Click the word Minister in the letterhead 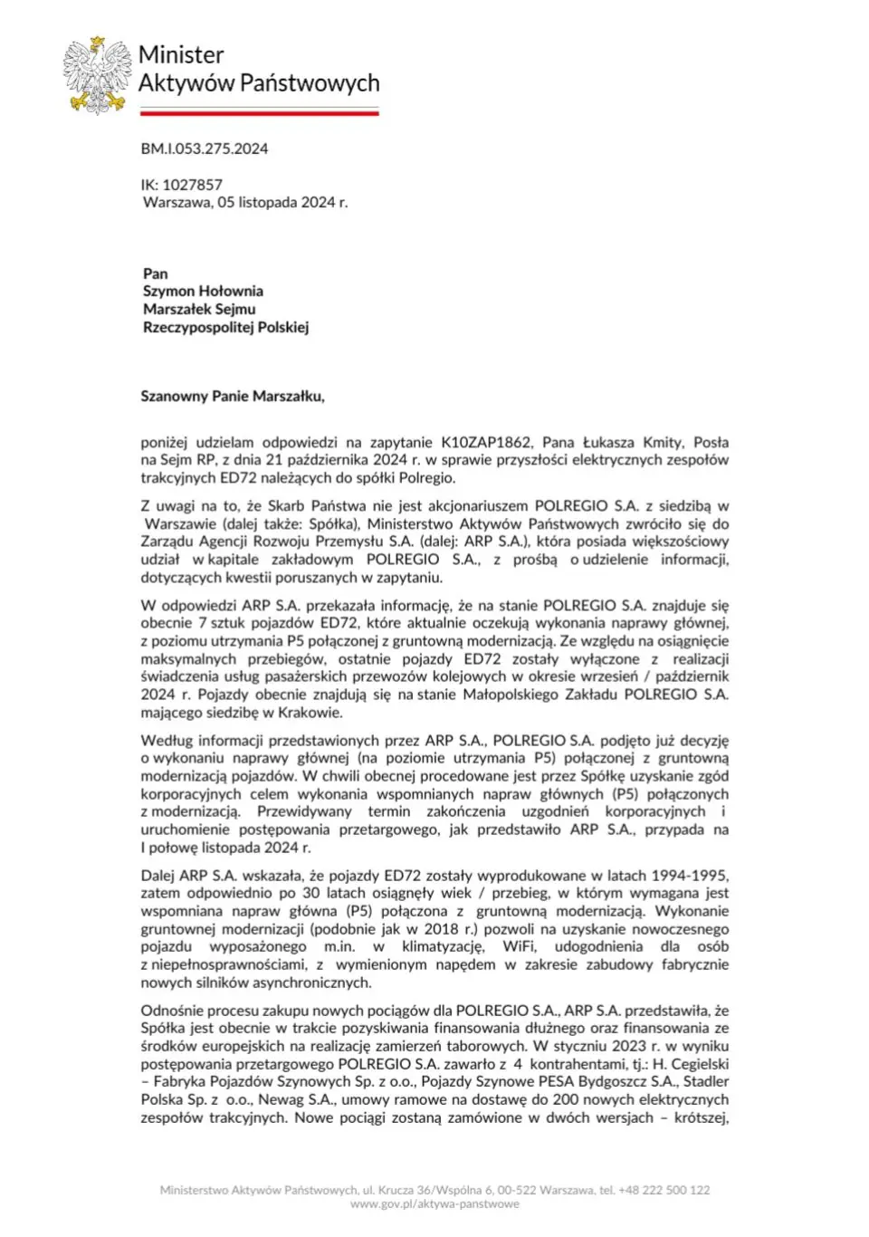181,55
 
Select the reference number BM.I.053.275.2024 205,149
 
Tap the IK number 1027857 192,185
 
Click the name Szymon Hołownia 203,292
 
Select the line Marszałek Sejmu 199,310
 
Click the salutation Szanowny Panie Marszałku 232,397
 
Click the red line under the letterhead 259,113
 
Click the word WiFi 520,947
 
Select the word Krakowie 310,713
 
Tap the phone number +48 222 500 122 665,1190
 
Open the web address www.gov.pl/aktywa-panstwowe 434,1204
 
